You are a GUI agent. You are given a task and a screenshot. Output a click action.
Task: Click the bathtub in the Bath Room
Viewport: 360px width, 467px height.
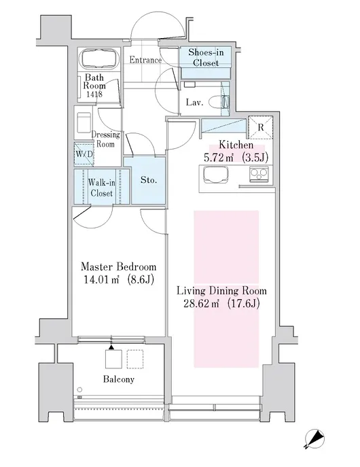(x=100, y=58)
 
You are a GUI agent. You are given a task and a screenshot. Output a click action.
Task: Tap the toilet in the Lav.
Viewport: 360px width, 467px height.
(x=219, y=102)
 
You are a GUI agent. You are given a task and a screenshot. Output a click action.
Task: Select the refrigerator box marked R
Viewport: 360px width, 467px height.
(x=261, y=127)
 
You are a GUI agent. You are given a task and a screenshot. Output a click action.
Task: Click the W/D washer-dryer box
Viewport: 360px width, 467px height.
(x=84, y=154)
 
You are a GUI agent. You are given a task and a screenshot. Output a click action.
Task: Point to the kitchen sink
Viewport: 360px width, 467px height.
(x=216, y=175)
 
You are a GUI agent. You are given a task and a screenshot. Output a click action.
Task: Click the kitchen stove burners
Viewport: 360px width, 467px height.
(x=259, y=173)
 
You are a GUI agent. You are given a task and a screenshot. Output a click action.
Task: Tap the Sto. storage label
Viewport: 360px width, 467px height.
(x=149, y=180)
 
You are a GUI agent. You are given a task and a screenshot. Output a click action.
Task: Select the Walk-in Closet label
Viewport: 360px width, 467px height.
(x=101, y=188)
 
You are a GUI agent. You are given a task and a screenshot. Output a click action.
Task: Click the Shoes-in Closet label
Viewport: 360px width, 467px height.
(x=206, y=58)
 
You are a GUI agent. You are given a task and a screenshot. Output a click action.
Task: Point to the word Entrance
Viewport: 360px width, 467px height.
(x=145, y=60)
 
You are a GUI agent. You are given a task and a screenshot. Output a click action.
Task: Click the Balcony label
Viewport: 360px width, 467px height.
(x=119, y=379)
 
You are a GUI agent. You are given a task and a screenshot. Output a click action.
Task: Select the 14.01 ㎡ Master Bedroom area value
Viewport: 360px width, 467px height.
(x=101, y=279)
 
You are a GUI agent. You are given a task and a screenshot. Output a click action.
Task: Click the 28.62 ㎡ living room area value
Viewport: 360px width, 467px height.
(x=201, y=303)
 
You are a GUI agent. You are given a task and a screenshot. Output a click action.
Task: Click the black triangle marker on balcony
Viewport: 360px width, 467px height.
(x=111, y=347)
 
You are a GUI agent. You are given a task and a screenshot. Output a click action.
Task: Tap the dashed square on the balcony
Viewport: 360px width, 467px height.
(x=135, y=359)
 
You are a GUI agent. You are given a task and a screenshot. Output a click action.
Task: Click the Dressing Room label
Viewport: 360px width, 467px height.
(x=105, y=139)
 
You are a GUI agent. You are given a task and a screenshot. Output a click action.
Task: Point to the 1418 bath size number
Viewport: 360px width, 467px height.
(x=94, y=94)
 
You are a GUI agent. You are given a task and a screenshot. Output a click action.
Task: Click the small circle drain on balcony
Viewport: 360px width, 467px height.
(x=79, y=390)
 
